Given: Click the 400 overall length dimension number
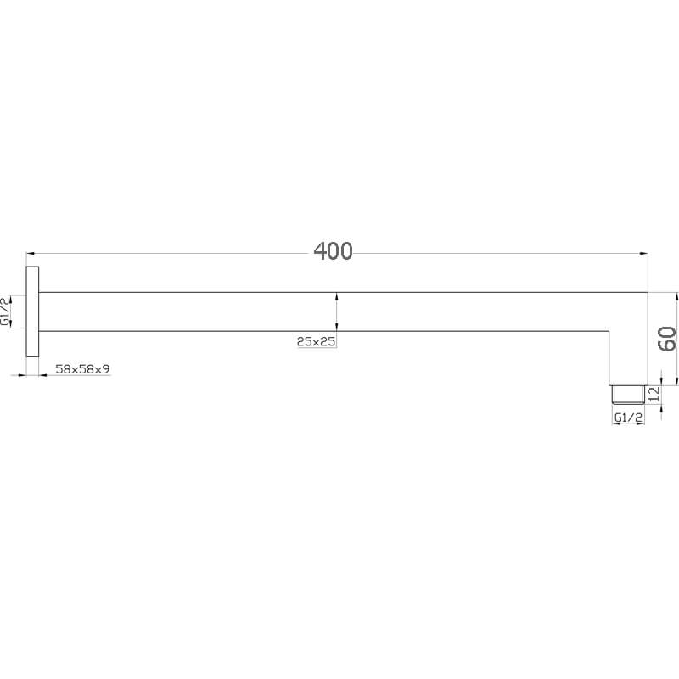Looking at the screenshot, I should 333,250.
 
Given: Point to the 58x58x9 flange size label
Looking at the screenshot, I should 82,368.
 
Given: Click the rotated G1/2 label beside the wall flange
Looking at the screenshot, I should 7,311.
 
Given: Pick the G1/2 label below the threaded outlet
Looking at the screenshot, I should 628,418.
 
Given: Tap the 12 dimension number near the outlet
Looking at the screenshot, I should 654,394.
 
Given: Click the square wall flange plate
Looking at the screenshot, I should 33,311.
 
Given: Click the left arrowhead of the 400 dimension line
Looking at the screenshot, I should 31,253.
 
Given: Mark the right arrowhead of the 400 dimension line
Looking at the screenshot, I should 643,253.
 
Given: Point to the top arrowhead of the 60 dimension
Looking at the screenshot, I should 676,297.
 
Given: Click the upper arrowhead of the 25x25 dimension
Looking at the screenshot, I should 338,296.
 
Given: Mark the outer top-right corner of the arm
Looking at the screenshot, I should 648,293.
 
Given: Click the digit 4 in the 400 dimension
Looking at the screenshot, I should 321,250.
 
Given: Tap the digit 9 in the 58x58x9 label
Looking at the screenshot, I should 107,368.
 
